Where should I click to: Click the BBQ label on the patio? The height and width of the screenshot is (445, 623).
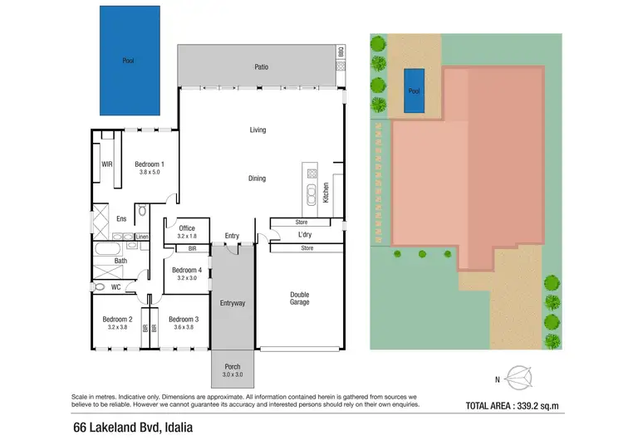[340, 52]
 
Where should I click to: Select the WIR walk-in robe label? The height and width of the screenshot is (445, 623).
[106, 164]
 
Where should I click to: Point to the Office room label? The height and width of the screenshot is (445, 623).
[186, 229]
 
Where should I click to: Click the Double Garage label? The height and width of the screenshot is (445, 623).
[299, 298]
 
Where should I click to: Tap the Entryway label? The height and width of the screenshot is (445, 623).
[232, 303]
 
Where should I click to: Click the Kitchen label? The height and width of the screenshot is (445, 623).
[326, 193]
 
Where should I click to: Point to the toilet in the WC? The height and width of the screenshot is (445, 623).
[101, 287]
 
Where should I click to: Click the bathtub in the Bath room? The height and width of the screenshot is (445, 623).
[109, 248]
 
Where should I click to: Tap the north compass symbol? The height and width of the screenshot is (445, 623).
[521, 379]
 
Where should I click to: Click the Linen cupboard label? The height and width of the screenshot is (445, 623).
[142, 237]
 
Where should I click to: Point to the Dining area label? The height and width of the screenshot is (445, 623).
[258, 178]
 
